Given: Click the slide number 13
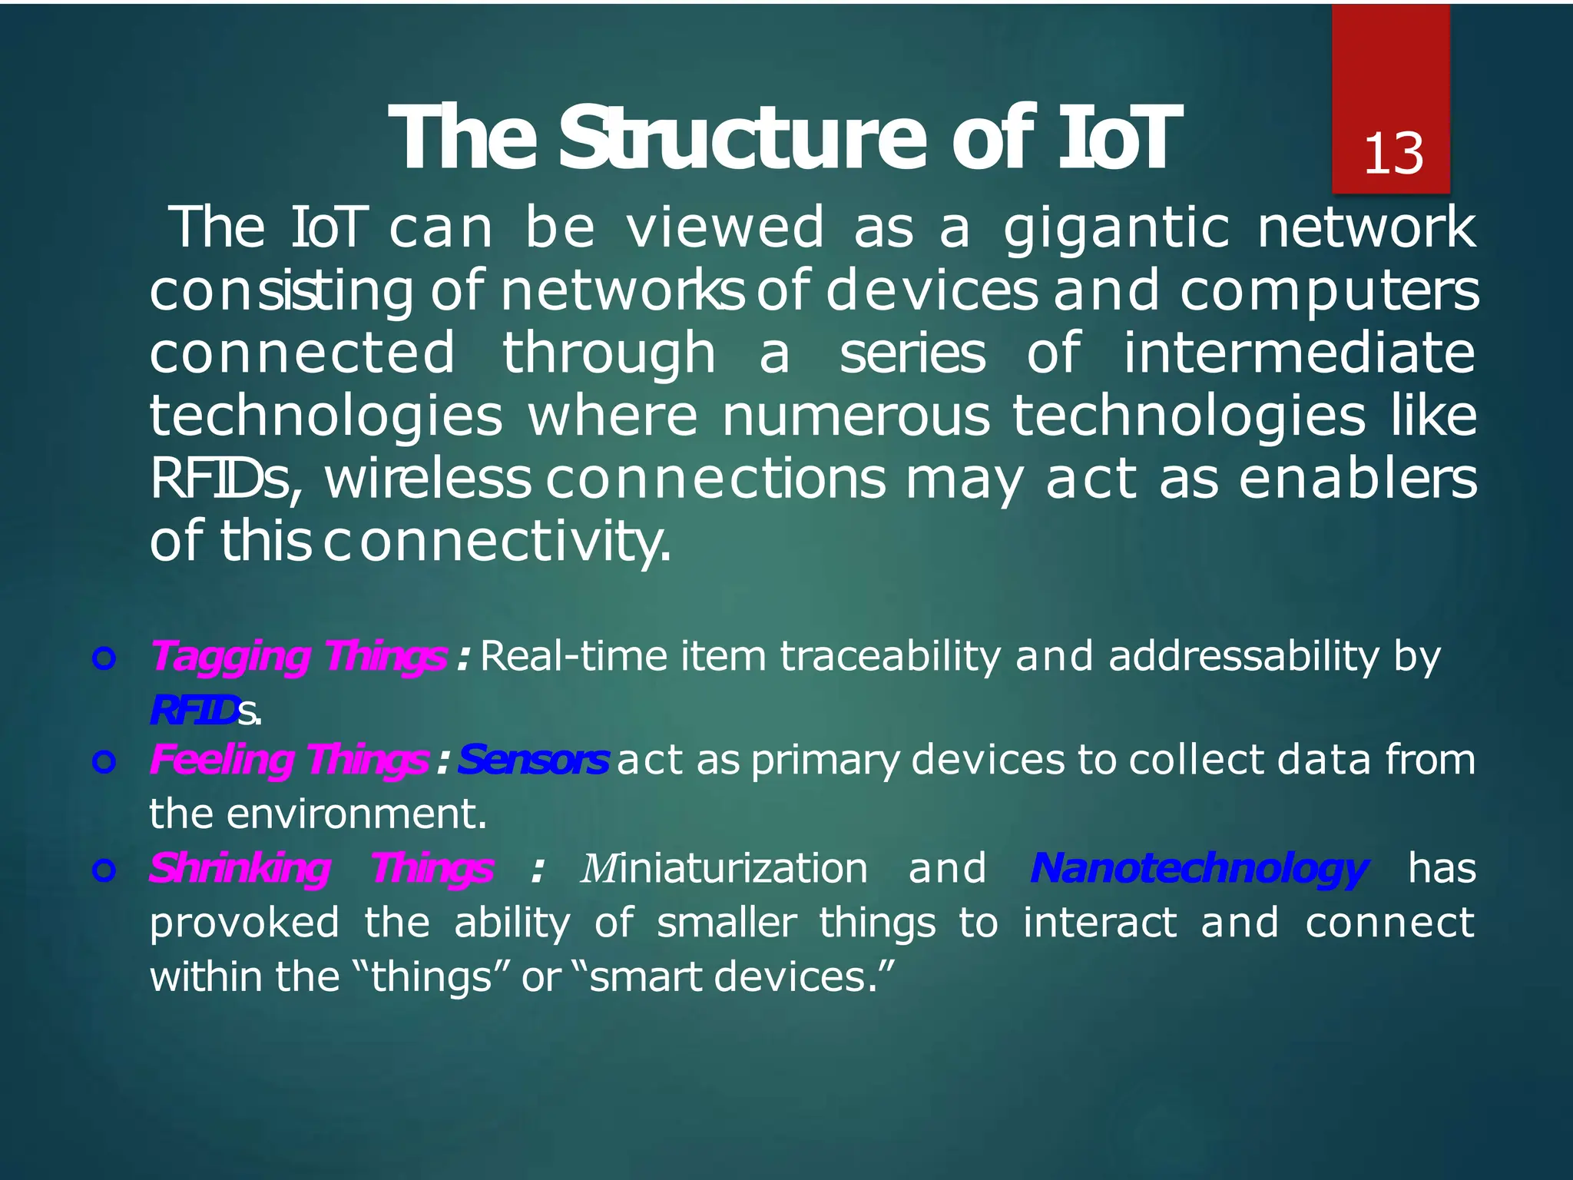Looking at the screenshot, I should coord(1393,154).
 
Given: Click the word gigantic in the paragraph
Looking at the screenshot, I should coord(1116,229).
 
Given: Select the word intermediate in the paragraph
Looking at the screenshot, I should coord(1299,353).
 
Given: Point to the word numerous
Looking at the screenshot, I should coord(856,416).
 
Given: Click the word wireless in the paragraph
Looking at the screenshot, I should coord(427,479).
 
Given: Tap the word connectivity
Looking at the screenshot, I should coord(495,542).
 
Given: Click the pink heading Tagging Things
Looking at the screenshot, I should coord(298,657).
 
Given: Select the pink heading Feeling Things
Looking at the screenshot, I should coord(289,760).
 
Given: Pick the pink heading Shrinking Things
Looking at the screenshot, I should coord(320,869).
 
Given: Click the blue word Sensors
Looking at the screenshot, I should coord(533,760).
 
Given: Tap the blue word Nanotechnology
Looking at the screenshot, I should coord(1197,869).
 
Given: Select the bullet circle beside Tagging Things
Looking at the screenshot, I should coord(104,658).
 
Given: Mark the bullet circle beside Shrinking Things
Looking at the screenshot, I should coord(104,870).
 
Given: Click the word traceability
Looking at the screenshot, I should coord(890,657).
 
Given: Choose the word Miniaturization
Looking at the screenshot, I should coord(724,869).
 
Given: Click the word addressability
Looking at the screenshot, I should coord(1243,657).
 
